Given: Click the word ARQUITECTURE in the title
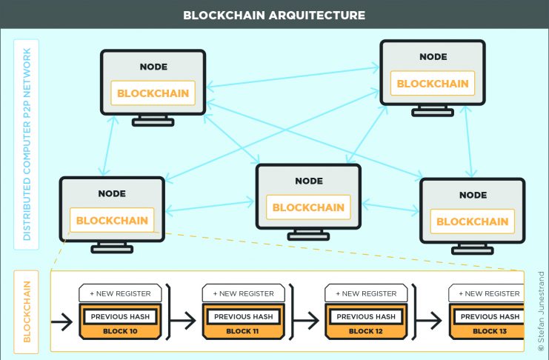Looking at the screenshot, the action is (317, 15).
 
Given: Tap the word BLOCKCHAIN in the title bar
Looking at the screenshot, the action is (224, 15).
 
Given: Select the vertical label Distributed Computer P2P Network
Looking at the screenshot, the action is (27, 144).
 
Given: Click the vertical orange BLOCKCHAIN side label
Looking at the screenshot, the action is (27, 312).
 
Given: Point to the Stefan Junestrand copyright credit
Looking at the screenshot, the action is (541, 311).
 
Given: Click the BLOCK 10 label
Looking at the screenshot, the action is (120, 331).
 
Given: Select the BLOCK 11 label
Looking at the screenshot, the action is (242, 331).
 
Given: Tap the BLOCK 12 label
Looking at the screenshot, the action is (365, 331).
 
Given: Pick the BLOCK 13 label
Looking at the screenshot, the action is (490, 331).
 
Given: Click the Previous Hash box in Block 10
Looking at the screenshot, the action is (120, 316).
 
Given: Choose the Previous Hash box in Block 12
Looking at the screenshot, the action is (366, 316).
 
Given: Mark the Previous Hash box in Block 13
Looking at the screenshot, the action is (489, 316).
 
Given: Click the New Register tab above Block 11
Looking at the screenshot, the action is (243, 293).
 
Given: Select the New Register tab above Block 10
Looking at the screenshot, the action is (120, 293).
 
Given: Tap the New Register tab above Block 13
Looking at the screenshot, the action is (486, 293).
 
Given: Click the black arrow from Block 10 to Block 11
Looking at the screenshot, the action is (183, 321).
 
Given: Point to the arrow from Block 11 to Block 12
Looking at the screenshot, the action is (306, 321).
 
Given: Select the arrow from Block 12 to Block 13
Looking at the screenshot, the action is (429, 321).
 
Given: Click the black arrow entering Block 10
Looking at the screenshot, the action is (61, 321).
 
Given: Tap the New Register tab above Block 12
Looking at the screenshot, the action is (366, 293).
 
